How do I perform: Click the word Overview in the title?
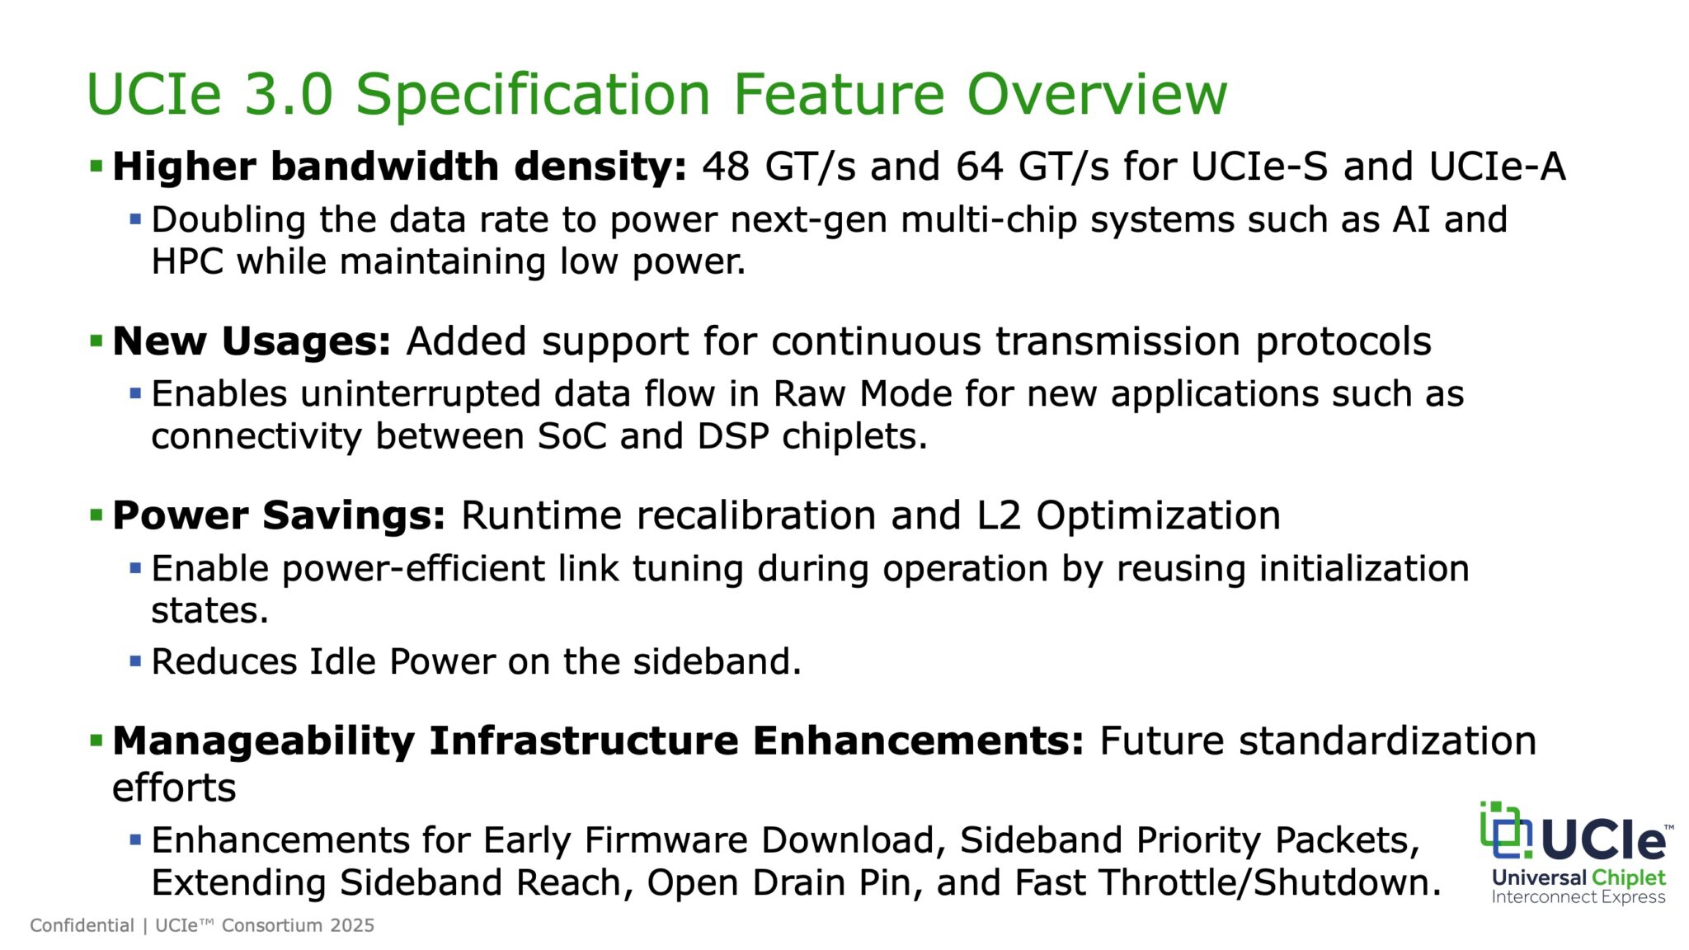click(1097, 94)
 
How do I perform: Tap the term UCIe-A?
click(1497, 167)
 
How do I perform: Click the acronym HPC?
click(187, 262)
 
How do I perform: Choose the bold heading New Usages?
click(252, 341)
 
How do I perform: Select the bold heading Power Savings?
click(279, 515)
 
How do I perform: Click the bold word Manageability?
click(263, 741)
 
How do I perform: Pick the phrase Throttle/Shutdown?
click(1271, 882)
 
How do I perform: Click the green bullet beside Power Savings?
click(96, 516)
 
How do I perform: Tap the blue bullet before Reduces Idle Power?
click(136, 661)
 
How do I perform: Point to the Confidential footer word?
click(82, 925)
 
